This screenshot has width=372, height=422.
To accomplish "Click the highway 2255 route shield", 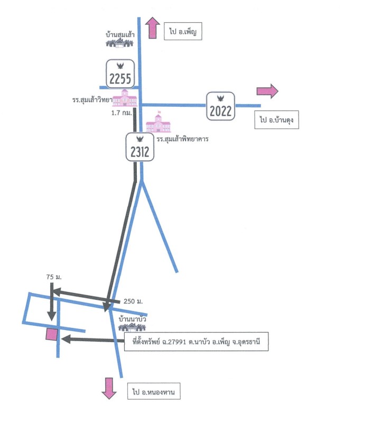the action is [x=120, y=74].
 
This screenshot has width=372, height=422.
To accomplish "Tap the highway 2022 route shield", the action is [x=220, y=106].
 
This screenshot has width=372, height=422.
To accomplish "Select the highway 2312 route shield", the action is [x=140, y=147].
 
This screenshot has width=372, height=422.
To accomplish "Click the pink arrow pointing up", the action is [x=153, y=28].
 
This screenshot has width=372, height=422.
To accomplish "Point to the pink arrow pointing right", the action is [x=267, y=91].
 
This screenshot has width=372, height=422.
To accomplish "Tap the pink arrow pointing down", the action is [x=109, y=388].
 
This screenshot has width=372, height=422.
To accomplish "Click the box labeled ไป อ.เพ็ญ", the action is [x=183, y=31].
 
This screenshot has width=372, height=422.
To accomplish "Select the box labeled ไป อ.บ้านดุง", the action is [x=276, y=120].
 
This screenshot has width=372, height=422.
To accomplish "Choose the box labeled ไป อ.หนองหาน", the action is [x=154, y=391].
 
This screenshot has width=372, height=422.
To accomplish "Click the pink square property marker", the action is [x=51, y=335].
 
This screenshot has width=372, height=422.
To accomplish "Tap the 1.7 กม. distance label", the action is [x=122, y=113].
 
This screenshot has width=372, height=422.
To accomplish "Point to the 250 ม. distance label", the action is [x=133, y=301].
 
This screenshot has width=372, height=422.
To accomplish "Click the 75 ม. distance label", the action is [x=54, y=277].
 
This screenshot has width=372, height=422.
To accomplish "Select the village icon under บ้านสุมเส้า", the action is [x=119, y=43].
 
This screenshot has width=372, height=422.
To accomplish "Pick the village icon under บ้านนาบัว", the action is [x=132, y=327].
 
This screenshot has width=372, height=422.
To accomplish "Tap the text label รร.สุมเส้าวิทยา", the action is [x=92, y=100].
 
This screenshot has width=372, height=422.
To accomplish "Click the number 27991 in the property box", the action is [x=176, y=342].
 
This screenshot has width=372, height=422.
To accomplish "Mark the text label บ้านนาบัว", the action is [x=132, y=319].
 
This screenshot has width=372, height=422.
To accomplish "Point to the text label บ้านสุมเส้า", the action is [x=120, y=34].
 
